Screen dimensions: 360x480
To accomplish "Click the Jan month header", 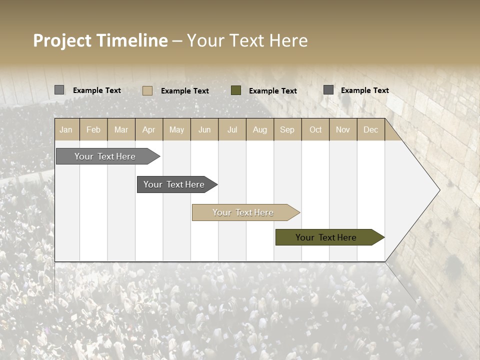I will point(66,130).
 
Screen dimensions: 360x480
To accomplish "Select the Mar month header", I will point(121,130).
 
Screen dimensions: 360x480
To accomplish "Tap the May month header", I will point(176,130).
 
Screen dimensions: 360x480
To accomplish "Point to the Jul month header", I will point(232,130).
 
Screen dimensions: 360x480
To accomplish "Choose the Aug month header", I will point(259,130).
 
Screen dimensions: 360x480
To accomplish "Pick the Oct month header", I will point(315,130).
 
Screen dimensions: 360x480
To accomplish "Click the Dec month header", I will point(370,130).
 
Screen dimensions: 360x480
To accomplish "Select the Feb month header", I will point(93,130).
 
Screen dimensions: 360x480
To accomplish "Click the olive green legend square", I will point(236,90).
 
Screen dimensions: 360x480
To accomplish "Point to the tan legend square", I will point(147,90).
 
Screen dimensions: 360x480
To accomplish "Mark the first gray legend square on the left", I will point(59,90).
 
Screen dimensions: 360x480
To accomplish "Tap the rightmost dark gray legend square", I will point(328,90).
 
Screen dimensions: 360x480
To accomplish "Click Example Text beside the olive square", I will point(273,91).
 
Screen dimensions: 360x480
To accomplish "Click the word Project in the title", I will point(62,41).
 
